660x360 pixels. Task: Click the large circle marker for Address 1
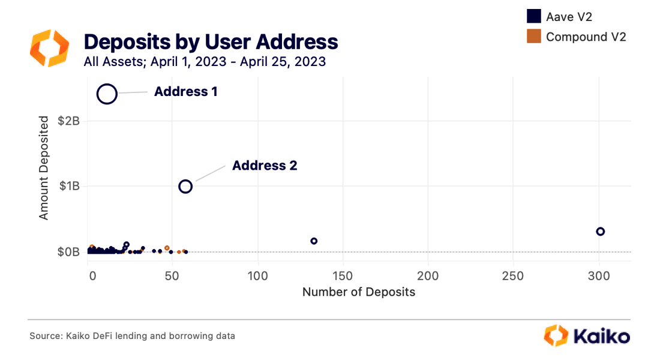[107, 94]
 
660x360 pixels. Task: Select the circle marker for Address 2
[185, 187]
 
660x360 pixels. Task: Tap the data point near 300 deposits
[600, 232]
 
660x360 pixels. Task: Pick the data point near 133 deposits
[314, 241]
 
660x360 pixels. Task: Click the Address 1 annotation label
[185, 92]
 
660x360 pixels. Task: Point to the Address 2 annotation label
[265, 165]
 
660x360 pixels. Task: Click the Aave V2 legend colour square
[533, 16]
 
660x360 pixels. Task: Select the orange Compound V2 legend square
[533, 37]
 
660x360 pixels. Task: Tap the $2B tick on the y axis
[68, 121]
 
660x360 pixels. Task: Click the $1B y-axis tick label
[68, 186]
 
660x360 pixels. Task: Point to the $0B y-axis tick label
[68, 252]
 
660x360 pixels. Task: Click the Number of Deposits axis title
[358, 292]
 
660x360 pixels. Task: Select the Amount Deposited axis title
[44, 168]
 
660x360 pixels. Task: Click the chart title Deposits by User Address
[211, 41]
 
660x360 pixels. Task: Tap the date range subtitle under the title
[205, 61]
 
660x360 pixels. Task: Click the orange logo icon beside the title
[49, 48]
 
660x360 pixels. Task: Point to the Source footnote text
[132, 336]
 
